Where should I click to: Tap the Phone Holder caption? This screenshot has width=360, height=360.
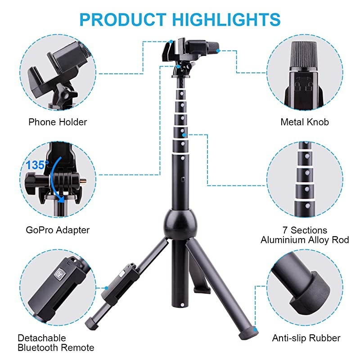point(58,121)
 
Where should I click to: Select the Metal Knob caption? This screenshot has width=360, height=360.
point(305,121)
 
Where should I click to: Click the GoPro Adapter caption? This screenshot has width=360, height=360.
point(58,230)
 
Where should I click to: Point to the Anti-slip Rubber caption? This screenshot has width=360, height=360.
point(306,338)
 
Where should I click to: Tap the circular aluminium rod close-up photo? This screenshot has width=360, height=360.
point(305,180)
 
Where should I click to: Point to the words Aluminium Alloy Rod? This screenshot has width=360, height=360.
point(305,240)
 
